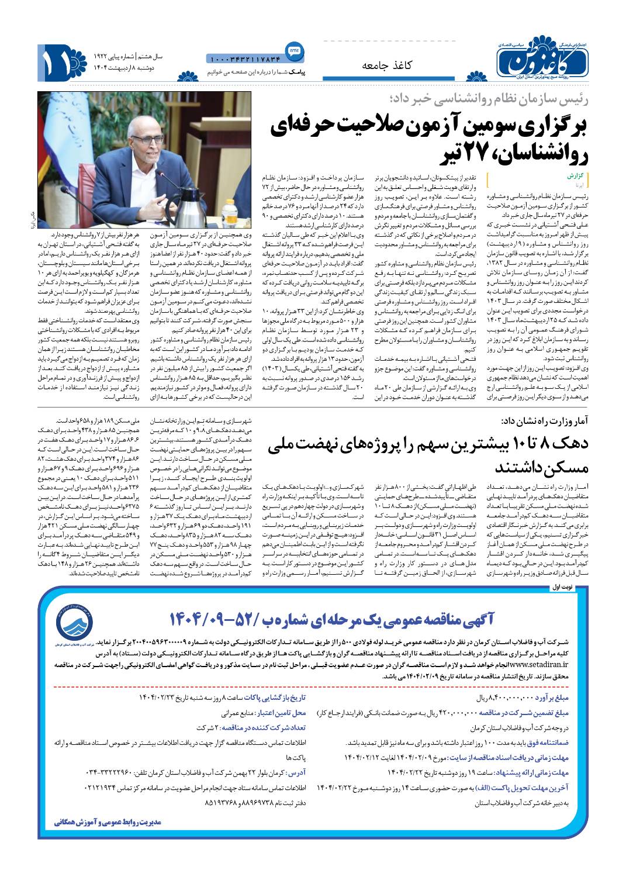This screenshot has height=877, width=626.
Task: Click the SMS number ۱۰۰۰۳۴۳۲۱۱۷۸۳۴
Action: [244, 59]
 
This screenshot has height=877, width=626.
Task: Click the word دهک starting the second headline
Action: [579, 444]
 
